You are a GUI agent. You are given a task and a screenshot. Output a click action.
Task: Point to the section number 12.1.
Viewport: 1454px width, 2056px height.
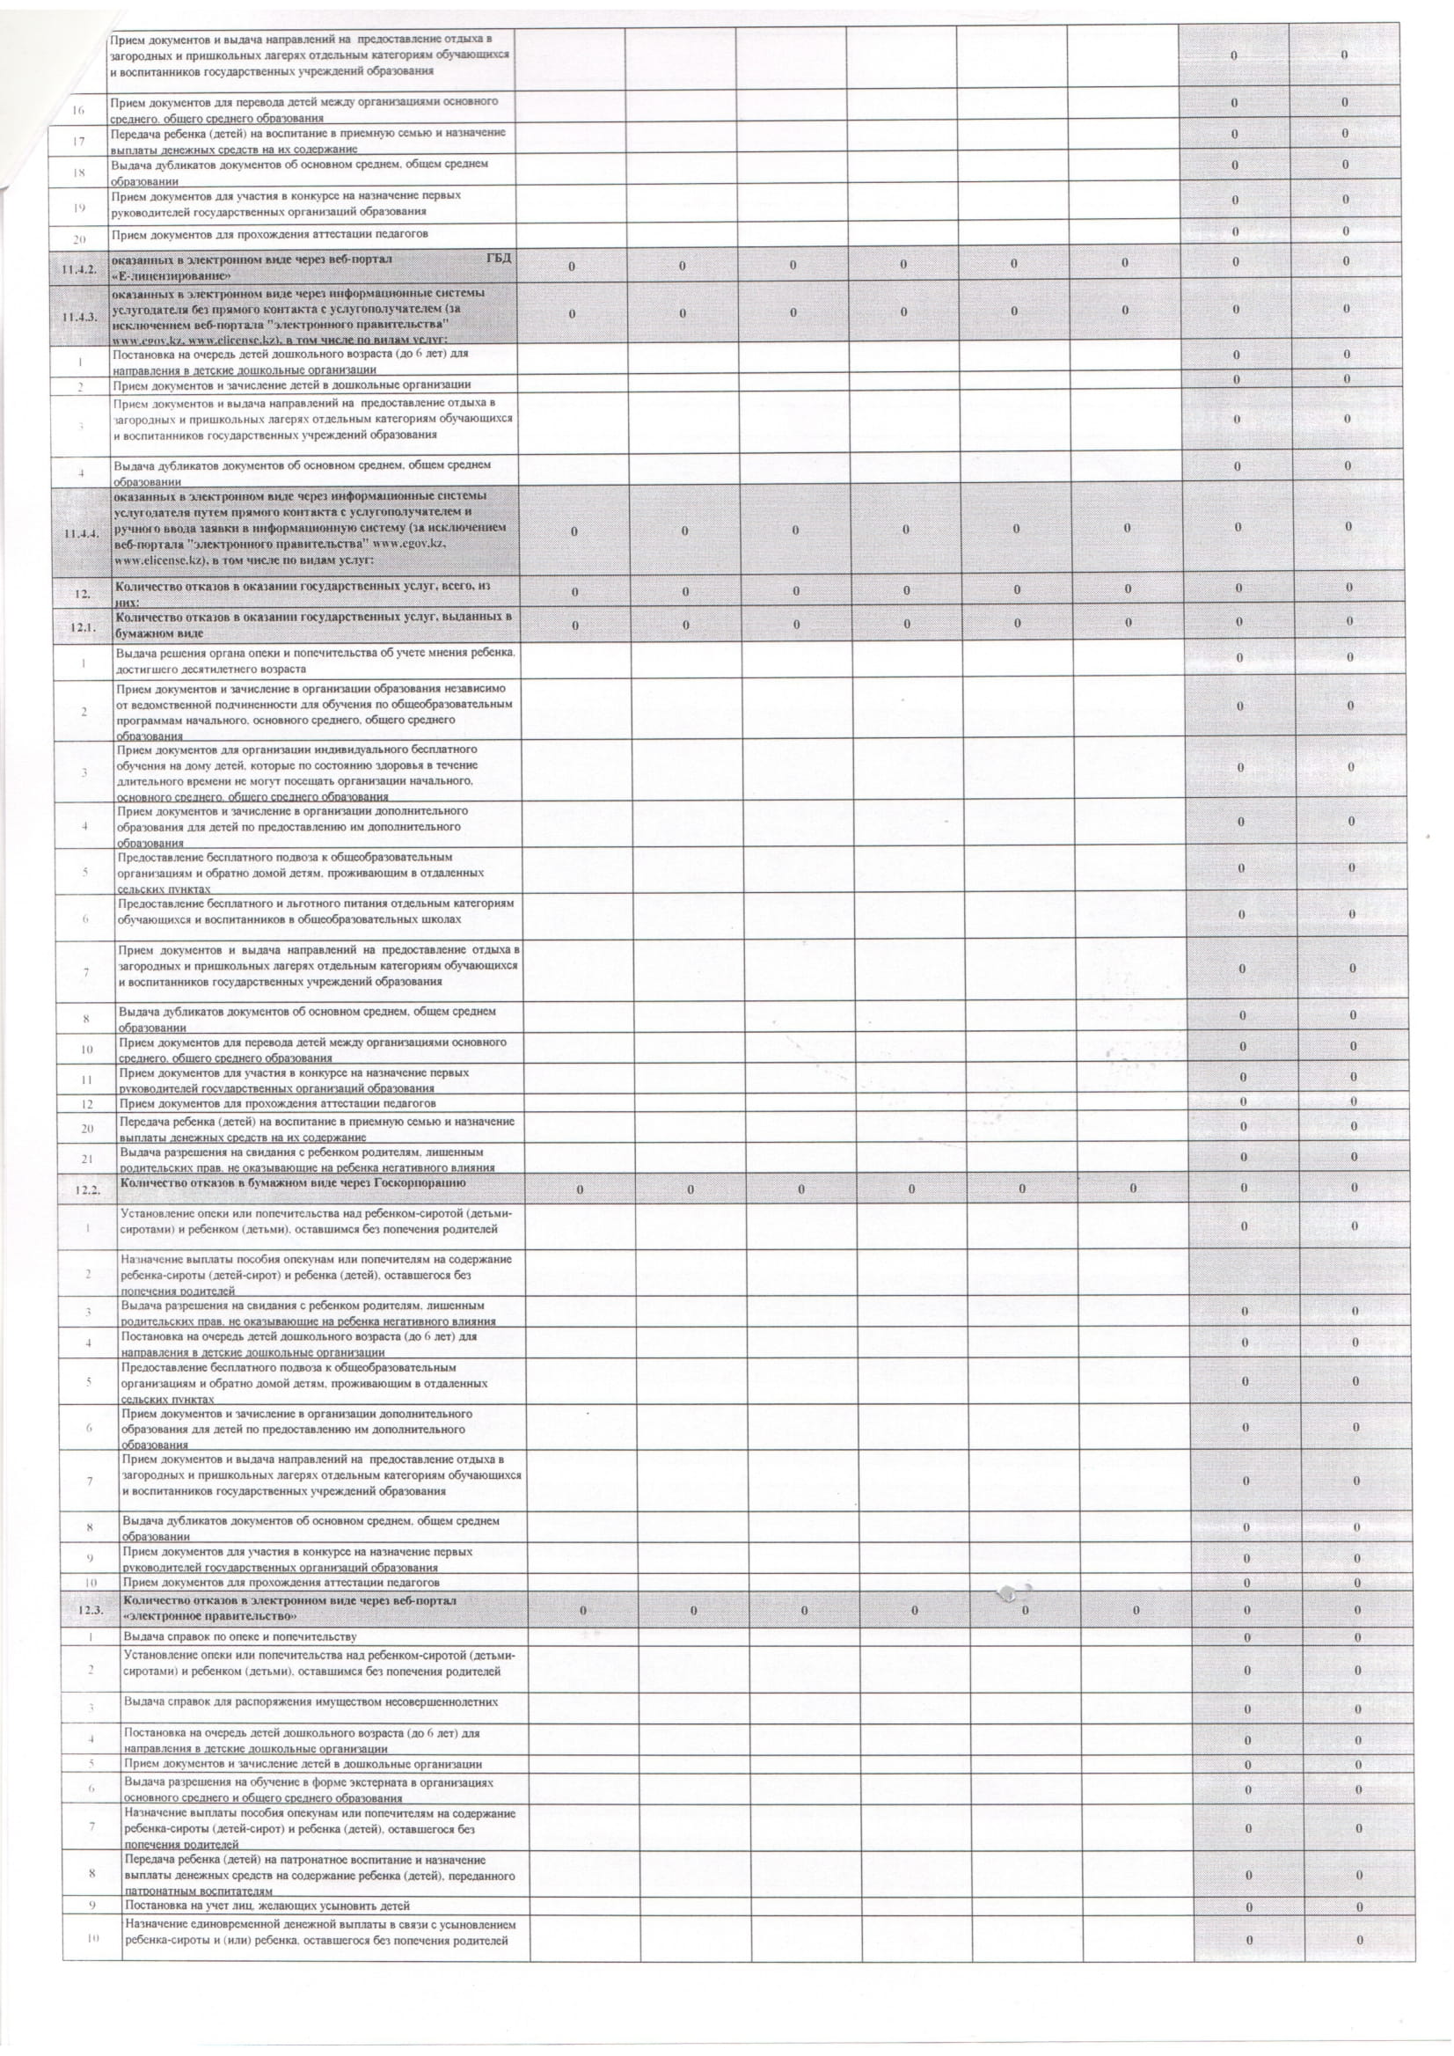pyautogui.click(x=86, y=626)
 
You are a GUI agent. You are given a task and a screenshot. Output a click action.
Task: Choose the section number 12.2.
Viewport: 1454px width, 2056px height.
pyautogui.click(x=90, y=1189)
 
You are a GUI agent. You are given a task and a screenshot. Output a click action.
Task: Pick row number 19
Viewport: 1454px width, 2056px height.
pyautogui.click(x=79, y=207)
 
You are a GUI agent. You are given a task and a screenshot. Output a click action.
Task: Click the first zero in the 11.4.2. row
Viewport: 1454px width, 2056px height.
pyautogui.click(x=570, y=266)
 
